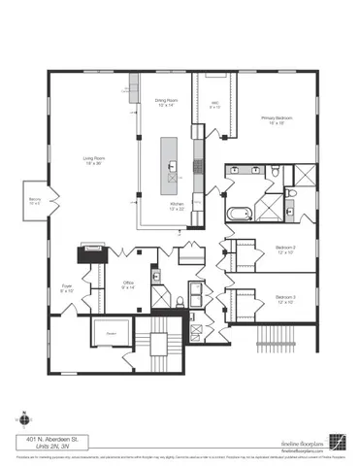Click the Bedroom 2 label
pyautogui.click(x=284, y=250)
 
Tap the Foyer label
pyautogui.click(x=68, y=288)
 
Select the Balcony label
pyautogui.click(x=35, y=202)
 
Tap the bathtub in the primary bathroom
pyautogui.click(x=239, y=212)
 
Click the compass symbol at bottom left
pyautogui.click(x=21, y=421)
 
